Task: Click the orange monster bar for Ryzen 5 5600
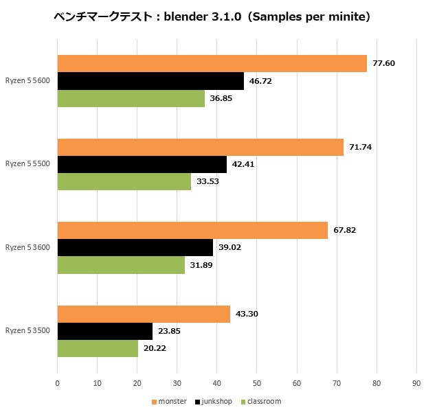click(x=212, y=64)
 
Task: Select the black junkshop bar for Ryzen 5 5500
click(x=142, y=165)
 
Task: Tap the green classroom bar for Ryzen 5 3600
click(x=121, y=265)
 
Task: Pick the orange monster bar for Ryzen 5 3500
click(x=144, y=314)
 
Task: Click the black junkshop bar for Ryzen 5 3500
click(x=104, y=331)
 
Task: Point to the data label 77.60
click(x=383, y=64)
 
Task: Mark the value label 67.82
click(x=345, y=231)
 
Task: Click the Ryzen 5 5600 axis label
click(x=27, y=81)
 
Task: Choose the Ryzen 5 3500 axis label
click(x=27, y=331)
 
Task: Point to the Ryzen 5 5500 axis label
click(x=27, y=165)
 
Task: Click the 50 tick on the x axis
click(x=256, y=383)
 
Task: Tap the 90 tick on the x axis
click(x=416, y=383)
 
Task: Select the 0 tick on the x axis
click(x=57, y=383)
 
